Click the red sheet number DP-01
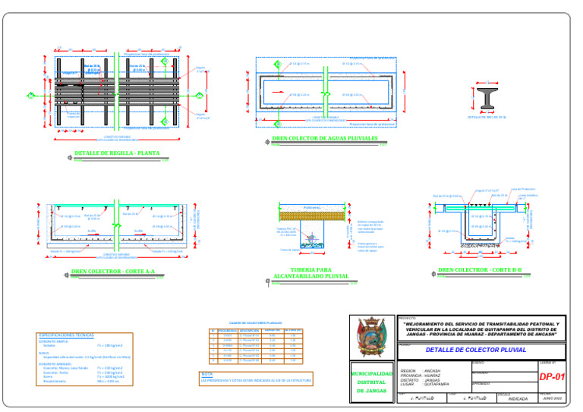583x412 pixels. [x=552, y=376]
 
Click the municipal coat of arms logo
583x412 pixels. [x=372, y=339]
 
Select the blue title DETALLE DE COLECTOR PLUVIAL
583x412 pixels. [x=475, y=351]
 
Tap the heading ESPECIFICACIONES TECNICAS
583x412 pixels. [x=65, y=335]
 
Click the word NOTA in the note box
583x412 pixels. [x=206, y=374]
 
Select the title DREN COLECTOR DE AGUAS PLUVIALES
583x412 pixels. [x=324, y=139]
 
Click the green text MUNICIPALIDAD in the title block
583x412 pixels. [x=372, y=374]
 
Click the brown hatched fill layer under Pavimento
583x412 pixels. [x=312, y=215]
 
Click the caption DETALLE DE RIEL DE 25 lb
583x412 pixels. [x=487, y=118]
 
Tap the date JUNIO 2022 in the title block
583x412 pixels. [x=552, y=398]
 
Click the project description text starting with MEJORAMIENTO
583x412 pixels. [x=481, y=329]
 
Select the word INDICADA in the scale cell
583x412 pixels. [x=518, y=398]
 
